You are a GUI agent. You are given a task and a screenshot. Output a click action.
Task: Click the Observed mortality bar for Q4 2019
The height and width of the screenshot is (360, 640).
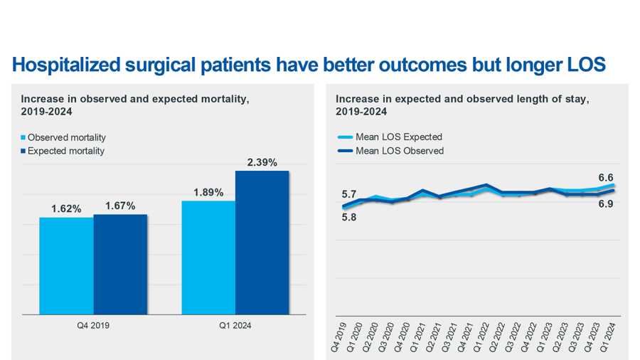66,265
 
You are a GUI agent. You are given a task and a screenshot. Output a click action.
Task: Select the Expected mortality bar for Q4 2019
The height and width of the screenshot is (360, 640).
120,264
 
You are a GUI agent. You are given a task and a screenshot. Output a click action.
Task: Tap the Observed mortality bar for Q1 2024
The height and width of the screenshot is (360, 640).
208,257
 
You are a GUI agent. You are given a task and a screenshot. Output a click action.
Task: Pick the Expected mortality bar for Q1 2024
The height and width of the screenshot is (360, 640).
262,242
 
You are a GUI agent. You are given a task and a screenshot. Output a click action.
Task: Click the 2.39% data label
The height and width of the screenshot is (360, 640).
262,163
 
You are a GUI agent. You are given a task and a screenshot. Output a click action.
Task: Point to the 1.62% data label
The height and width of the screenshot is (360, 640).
66,209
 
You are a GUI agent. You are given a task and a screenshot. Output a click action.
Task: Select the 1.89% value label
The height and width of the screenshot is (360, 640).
208,193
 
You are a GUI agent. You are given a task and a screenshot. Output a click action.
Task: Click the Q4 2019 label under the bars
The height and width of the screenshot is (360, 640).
93,325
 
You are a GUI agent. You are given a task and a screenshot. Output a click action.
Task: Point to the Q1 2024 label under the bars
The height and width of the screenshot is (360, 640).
235,325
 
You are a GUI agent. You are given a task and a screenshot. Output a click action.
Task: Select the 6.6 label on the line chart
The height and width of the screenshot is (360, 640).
606,177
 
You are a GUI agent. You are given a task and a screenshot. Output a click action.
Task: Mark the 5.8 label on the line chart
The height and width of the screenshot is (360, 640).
349,218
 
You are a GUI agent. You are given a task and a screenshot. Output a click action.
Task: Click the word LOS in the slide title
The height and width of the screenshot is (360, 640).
585,65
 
